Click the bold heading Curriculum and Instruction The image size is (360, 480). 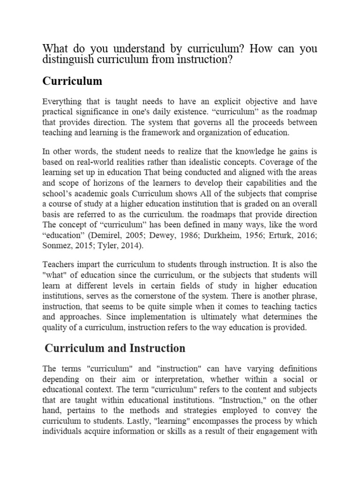115,348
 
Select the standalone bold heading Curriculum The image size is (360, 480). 72,81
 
